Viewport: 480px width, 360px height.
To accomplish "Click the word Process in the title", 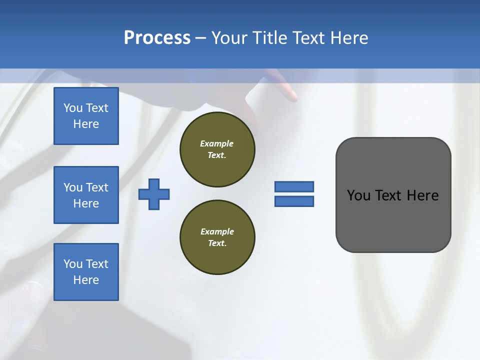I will point(157,38).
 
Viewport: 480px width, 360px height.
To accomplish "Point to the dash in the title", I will point(200,38).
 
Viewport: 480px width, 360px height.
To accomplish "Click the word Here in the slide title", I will point(348,38).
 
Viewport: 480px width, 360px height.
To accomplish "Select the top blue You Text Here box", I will point(86,116).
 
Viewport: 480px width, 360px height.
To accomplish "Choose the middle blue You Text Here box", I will point(86,195).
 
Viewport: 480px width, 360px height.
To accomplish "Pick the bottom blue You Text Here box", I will point(86,272).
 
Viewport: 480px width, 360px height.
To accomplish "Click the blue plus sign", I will point(154,194).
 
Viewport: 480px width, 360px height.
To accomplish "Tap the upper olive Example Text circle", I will point(217,149).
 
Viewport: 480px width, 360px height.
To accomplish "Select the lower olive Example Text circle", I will point(217,237).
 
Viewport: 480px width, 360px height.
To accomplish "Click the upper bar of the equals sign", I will point(294,186).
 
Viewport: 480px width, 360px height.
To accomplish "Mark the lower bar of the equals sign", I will point(294,201).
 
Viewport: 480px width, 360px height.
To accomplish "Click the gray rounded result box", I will point(393,195).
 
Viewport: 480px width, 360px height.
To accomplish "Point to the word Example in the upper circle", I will point(217,143).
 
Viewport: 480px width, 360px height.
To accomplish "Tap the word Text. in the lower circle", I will point(217,243).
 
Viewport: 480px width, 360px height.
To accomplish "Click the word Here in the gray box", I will point(422,195).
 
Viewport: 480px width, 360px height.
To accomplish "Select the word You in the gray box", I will point(359,195).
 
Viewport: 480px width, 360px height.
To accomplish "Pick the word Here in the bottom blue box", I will point(86,280).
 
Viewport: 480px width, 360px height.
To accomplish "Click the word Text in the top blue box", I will point(97,108).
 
